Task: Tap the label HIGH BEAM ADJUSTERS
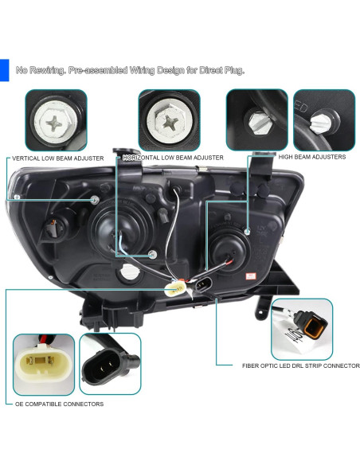[x=311, y=157]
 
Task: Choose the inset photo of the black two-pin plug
[x=109, y=365]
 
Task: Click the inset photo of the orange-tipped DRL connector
[x=302, y=328]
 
